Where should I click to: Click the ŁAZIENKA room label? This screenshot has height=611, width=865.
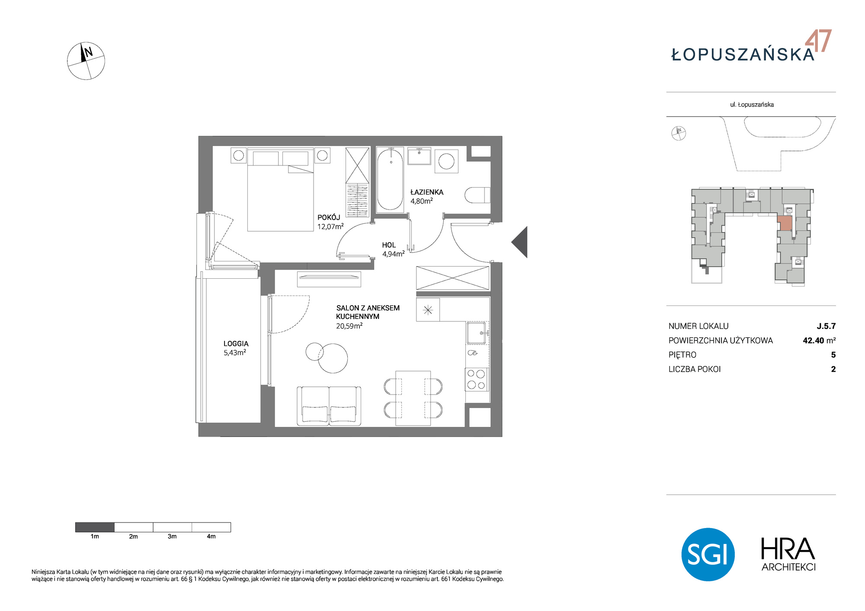point(426,192)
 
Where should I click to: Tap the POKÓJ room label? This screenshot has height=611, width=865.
point(329,217)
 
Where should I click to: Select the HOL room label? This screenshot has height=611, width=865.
point(389,245)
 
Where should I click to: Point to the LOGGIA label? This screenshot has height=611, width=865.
point(236,344)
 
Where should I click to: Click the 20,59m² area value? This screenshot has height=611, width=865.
point(349,326)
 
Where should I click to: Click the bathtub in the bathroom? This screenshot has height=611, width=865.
point(390,180)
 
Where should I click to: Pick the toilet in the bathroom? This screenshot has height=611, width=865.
point(477,195)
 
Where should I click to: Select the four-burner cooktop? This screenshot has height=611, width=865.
point(477,379)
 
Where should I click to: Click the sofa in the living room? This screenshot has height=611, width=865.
point(329,406)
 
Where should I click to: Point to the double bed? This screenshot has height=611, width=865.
point(280,190)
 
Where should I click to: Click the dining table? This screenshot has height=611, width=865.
point(413,398)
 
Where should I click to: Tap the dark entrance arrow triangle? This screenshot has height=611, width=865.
point(519,242)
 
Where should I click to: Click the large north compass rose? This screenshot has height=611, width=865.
point(86,61)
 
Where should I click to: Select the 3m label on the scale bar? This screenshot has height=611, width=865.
point(172,536)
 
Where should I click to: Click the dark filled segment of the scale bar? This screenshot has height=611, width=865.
point(95,527)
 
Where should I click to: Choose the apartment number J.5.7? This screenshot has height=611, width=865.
point(826,326)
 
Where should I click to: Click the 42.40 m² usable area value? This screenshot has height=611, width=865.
point(819,341)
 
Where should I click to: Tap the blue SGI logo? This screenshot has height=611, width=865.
point(708,554)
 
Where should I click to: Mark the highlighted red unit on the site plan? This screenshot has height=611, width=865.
point(785,223)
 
